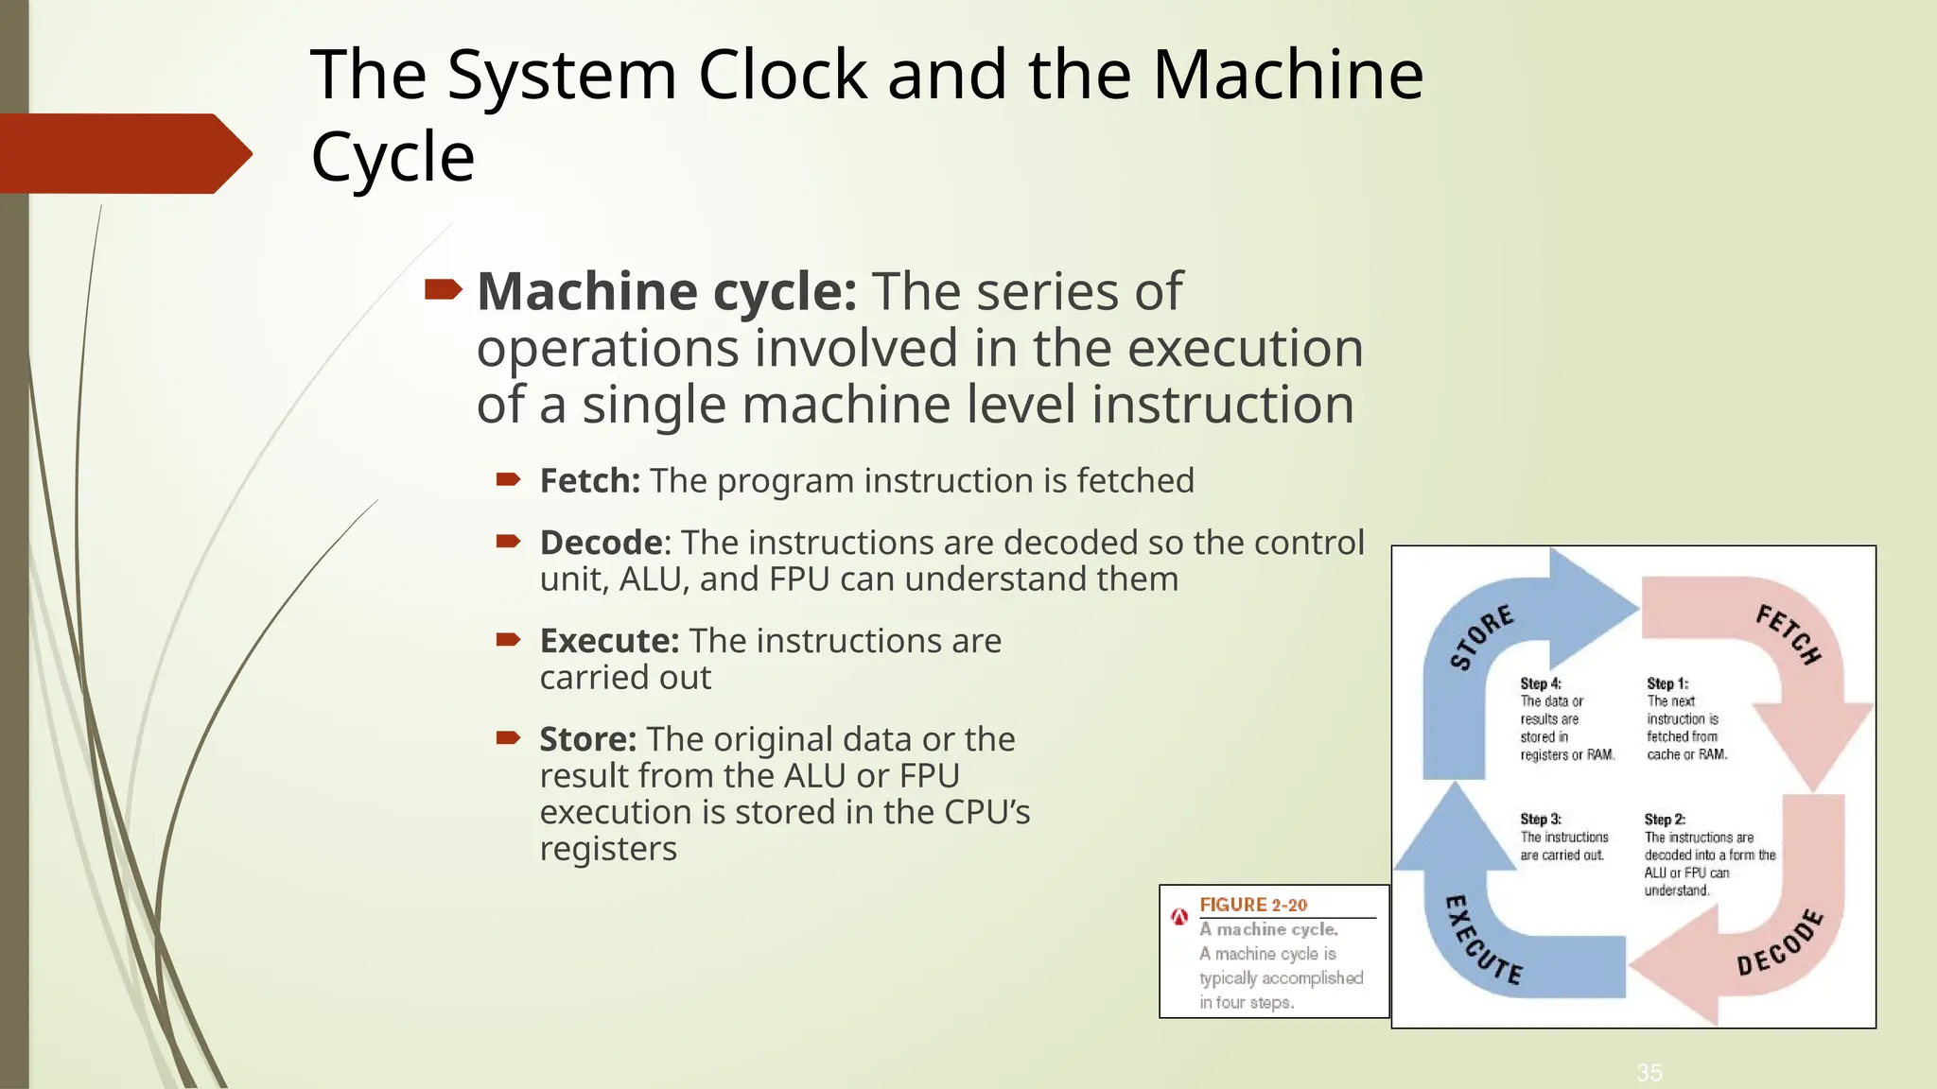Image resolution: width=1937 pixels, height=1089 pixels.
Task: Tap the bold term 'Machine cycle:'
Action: pos(667,291)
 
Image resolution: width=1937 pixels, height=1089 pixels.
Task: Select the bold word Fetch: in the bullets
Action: pos(590,481)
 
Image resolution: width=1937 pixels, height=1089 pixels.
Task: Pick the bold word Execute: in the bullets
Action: pos(609,641)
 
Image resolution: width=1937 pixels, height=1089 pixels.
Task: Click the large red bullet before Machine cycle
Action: pos(443,289)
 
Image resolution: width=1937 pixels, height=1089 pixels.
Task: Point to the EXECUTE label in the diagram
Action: pos(1482,940)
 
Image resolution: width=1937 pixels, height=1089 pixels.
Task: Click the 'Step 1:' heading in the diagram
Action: pos(1667,683)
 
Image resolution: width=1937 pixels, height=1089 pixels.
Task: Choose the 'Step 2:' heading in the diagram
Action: pos(1665,820)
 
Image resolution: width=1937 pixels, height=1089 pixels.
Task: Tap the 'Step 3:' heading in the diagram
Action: pos(1541,820)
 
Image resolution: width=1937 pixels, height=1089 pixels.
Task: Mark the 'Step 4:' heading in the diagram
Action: pos(1541,683)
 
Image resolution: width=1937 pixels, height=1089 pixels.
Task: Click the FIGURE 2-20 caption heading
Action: pos(1253,905)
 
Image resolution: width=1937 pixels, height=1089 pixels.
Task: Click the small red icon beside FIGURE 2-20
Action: pos(1179,916)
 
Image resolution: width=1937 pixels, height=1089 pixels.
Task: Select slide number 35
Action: pos(1649,1073)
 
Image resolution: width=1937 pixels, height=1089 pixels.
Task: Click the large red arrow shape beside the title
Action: pos(123,153)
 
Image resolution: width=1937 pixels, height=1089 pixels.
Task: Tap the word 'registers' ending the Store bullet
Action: pos(608,849)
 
